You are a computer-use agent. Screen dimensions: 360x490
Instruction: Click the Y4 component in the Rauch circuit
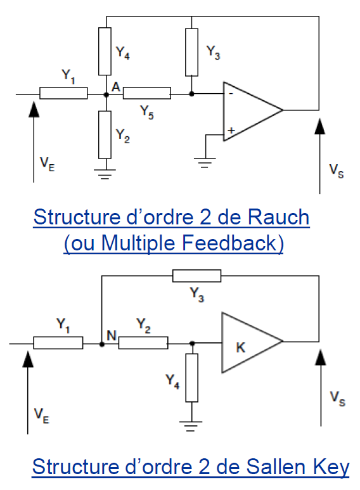[105, 51]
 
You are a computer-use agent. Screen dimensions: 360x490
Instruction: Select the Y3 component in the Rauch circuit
[191, 52]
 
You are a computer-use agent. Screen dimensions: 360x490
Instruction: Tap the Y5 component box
[147, 93]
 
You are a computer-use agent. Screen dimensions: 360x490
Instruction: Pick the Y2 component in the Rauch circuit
[105, 134]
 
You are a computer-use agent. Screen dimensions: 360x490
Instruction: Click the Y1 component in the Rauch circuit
[63, 93]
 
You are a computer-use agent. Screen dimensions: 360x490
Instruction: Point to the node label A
[115, 87]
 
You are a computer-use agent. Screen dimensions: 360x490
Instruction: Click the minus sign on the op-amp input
[231, 93]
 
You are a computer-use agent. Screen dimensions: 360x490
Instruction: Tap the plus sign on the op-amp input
[231, 131]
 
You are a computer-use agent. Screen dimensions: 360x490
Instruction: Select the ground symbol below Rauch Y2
[105, 174]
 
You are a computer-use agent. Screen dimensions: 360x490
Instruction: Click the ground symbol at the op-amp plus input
[205, 163]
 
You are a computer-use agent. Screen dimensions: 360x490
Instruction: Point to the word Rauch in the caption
[278, 217]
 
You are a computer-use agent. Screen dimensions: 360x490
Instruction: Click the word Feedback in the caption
[229, 243]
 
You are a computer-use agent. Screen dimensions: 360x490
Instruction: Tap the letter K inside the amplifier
[241, 347]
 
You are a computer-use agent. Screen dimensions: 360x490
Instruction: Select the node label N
[112, 335]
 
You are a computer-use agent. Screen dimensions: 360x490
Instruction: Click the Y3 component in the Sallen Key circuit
[197, 276]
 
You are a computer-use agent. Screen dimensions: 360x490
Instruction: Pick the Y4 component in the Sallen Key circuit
[191, 378]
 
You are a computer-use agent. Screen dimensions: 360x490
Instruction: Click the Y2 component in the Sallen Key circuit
[143, 343]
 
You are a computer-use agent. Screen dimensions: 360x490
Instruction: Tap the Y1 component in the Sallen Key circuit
[58, 343]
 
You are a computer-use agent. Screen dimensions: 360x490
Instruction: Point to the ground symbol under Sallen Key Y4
[191, 426]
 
